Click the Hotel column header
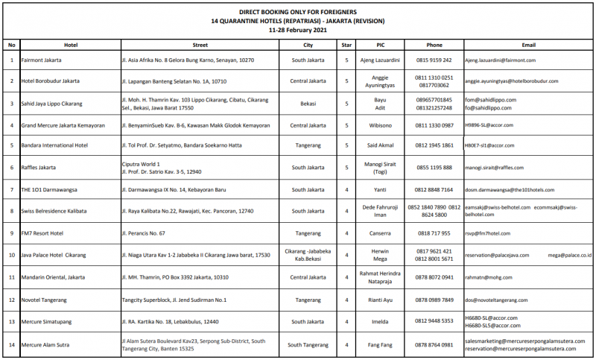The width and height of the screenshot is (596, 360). tap(71, 45)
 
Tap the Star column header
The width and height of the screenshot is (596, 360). tap(346, 45)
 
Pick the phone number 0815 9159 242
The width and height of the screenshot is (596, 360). tap(434, 59)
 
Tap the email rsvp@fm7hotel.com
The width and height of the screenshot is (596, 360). tap(492, 233)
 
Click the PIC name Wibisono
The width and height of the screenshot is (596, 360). tap(380, 124)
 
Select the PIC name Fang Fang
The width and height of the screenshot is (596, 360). tap(380, 344)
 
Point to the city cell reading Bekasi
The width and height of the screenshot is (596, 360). tap(308, 103)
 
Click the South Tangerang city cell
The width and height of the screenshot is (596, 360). tap(308, 344)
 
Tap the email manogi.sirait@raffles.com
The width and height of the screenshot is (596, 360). tap(501, 168)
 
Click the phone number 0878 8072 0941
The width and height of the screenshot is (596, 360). tap(434, 277)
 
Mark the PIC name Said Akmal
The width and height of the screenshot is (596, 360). tap(380, 146)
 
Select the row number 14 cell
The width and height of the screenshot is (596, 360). tap(11, 344)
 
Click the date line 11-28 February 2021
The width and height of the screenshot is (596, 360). tap(298, 30)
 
